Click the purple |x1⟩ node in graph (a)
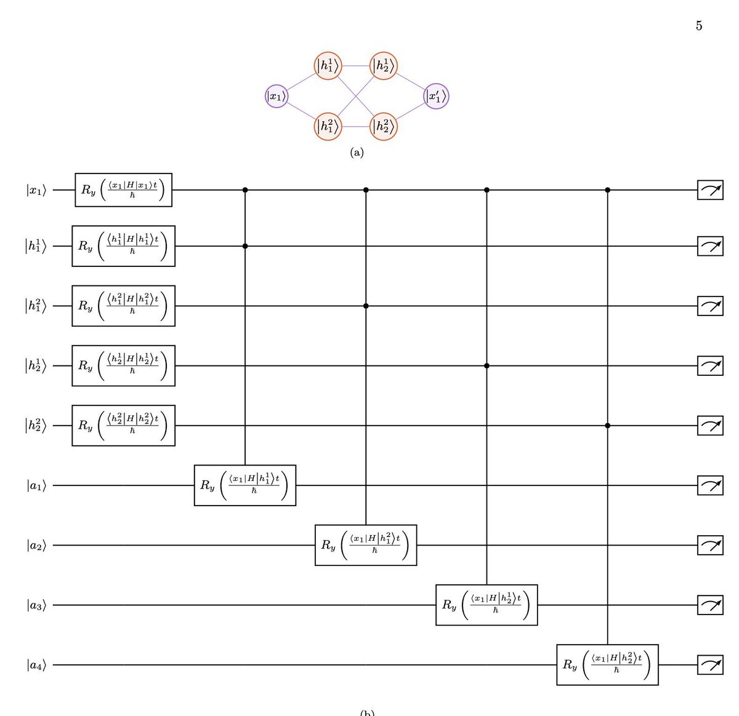[x=277, y=96]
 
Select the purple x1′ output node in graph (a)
[x=437, y=96]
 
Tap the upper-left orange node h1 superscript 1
[x=328, y=65]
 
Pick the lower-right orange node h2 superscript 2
[x=384, y=127]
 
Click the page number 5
[x=699, y=26]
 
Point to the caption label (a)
[x=357, y=153]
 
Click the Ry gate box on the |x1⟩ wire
[x=123, y=190]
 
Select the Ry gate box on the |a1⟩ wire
[x=245, y=485]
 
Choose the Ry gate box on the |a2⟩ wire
[x=366, y=545]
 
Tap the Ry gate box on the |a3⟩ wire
[x=487, y=605]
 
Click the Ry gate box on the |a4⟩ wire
[x=607, y=665]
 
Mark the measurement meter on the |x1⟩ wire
[x=710, y=190]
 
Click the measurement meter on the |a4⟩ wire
[x=710, y=665]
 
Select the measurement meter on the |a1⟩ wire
[x=710, y=485]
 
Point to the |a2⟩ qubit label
[x=36, y=545]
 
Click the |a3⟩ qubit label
[x=36, y=605]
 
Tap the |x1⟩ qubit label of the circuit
[x=36, y=190]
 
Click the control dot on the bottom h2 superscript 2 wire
[x=608, y=426]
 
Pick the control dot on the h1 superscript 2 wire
[x=366, y=306]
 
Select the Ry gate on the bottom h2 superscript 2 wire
[x=123, y=426]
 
